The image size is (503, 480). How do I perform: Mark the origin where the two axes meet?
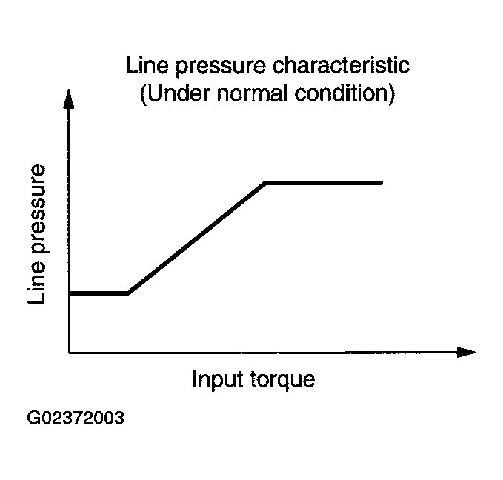[69, 352]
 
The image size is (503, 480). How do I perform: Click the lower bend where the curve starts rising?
[129, 293]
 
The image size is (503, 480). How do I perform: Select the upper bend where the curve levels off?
[266, 182]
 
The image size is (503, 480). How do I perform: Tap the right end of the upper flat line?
[381, 182]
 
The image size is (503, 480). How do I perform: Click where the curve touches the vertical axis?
[70, 293]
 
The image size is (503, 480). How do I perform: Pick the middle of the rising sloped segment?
[197, 238]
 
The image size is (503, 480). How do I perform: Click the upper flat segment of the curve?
[324, 182]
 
